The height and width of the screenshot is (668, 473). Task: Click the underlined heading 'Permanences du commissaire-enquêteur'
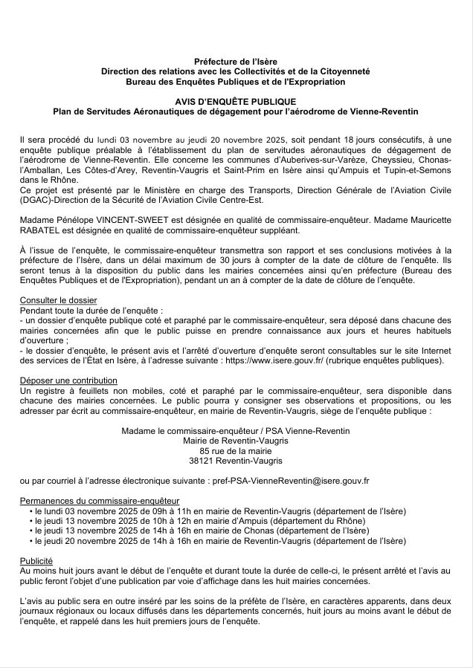tap(99, 502)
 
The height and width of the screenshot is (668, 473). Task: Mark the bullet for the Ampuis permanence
tap(30, 522)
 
